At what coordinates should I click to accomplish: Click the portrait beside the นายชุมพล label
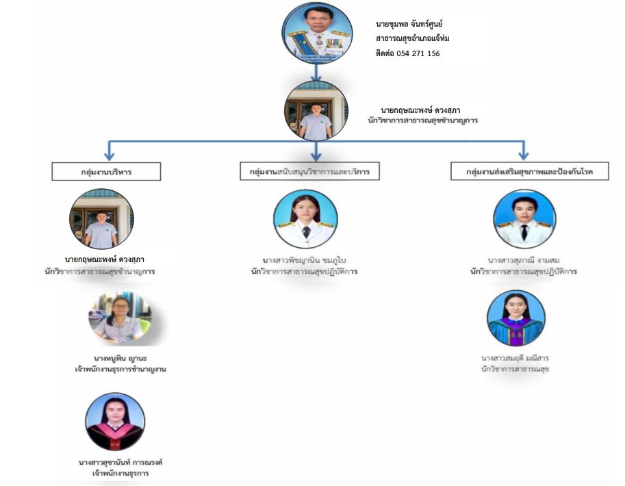coord(316,34)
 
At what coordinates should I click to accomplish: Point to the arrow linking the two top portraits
coord(316,71)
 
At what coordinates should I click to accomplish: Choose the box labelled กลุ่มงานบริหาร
coord(106,172)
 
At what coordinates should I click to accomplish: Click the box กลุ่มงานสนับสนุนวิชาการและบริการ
coord(309,172)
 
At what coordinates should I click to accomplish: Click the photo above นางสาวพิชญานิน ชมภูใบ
coord(306,218)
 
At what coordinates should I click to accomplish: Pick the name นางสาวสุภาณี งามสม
coord(524,260)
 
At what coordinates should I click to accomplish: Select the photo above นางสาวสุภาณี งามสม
coord(524,218)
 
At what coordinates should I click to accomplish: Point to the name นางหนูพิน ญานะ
coord(121,357)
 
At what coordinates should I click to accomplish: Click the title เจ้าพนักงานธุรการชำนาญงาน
coord(121,369)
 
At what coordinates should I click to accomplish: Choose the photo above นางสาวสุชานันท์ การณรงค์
coord(114,422)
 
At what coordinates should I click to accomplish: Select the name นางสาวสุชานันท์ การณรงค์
coord(120,462)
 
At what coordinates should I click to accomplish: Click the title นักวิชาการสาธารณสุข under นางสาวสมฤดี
coord(515,369)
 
